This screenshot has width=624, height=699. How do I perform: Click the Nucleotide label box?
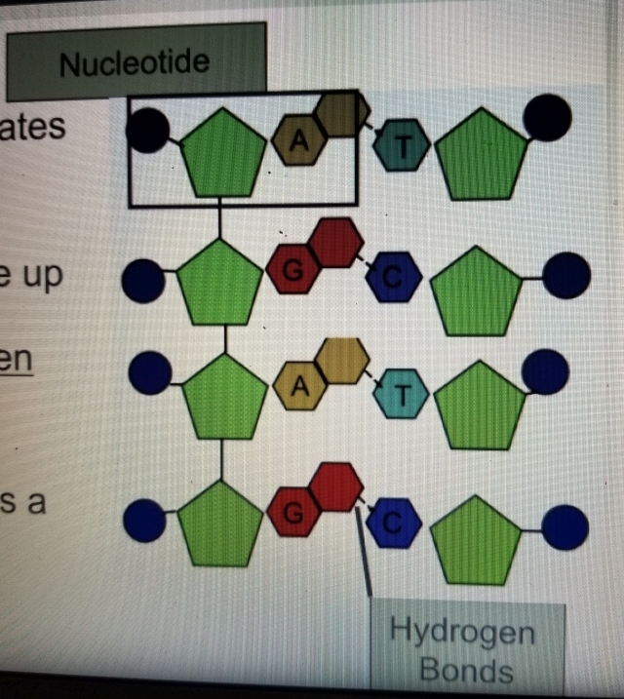pyautogui.click(x=136, y=62)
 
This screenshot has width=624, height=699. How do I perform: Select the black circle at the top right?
pyautogui.click(x=547, y=118)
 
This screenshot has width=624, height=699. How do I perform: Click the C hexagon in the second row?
pyautogui.click(x=393, y=277)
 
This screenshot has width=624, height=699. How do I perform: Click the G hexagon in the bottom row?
pyautogui.click(x=293, y=511)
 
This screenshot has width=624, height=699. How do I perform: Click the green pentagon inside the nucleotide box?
pyautogui.click(x=224, y=153)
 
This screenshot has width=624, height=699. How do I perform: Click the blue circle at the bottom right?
pyautogui.click(x=565, y=527)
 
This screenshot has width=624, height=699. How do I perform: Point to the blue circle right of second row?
pyautogui.click(x=566, y=276)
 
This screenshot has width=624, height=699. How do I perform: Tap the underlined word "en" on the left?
pyautogui.click(x=16, y=358)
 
